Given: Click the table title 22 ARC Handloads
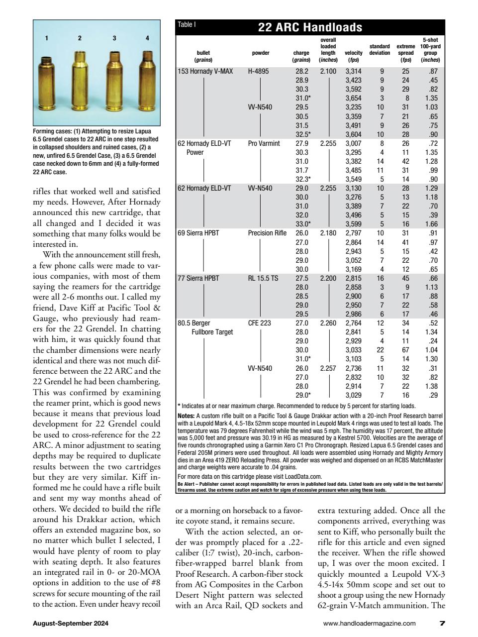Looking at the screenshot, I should tap(310, 27).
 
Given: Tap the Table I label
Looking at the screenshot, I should tap(187, 24).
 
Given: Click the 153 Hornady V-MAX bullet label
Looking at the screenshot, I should tap(205, 71).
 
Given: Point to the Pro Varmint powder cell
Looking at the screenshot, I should tap(264, 143).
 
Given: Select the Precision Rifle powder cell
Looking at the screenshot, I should tap(267, 233).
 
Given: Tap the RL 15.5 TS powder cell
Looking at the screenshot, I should tap(263, 278).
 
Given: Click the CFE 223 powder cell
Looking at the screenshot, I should tap(259, 323).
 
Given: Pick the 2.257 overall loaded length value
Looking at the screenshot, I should tap(328, 368).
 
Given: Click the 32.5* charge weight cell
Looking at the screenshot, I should tap(303, 134).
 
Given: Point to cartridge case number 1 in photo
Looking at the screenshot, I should tap(47, 82).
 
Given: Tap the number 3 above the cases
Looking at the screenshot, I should tap(114, 38).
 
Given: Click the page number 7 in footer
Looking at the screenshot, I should tap(442, 623).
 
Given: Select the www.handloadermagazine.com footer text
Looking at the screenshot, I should tap(369, 623).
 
